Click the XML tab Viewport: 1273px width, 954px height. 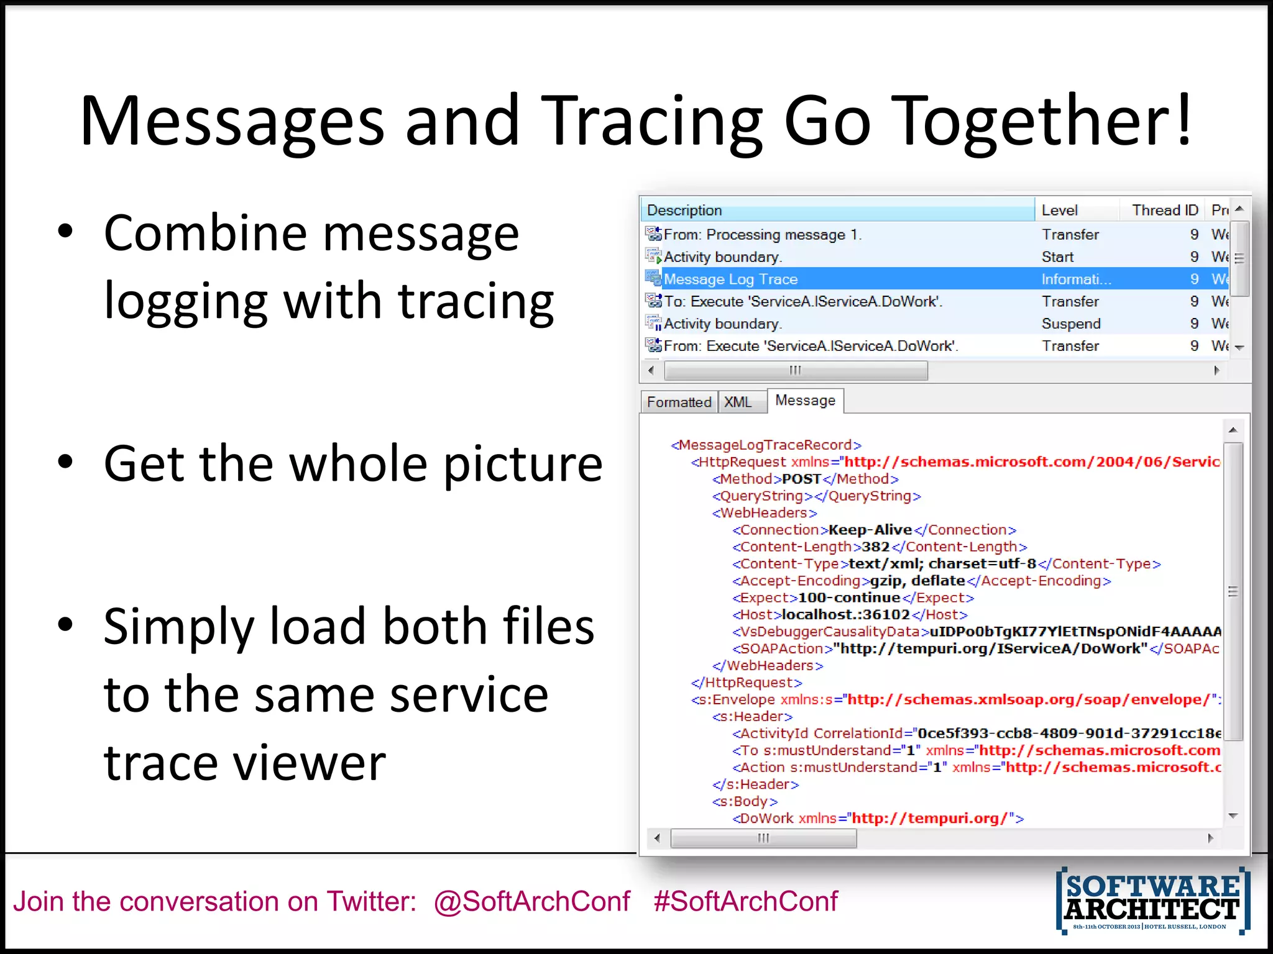point(738,402)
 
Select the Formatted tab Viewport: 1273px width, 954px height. point(679,402)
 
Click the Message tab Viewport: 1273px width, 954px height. point(805,401)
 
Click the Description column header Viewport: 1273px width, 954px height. point(684,210)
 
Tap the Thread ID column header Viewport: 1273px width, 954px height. point(1165,210)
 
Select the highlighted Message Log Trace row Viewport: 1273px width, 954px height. point(730,279)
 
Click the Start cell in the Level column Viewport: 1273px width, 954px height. point(1057,257)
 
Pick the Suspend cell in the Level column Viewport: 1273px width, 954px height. point(1071,324)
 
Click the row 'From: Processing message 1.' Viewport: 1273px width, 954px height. point(762,234)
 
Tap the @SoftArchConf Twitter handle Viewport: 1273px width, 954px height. point(532,901)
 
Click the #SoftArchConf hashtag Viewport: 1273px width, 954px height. point(745,901)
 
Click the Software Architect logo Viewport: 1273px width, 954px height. point(1153,901)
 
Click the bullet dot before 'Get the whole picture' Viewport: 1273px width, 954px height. point(65,461)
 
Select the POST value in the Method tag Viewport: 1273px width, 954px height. point(802,479)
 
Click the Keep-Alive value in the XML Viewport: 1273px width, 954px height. point(870,530)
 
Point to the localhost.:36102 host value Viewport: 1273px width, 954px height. point(845,615)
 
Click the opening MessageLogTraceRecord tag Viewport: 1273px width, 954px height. point(766,445)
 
